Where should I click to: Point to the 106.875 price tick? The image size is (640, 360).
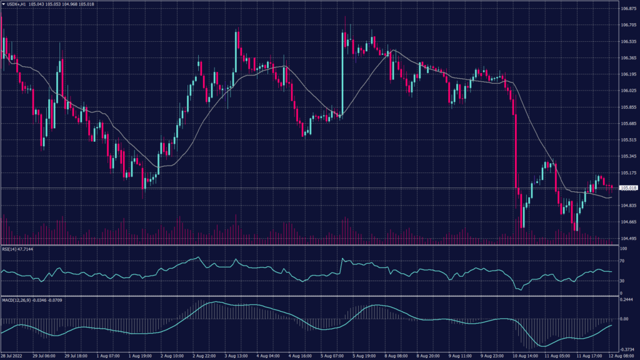pos(628,9)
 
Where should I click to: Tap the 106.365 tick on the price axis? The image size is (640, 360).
pos(628,58)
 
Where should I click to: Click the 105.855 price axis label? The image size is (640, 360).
pos(628,107)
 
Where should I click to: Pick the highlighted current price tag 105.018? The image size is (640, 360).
pos(628,187)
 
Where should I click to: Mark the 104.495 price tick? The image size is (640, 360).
pos(628,238)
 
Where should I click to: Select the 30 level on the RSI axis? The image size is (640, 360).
pos(622,281)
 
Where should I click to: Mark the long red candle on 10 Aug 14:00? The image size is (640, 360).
pos(516,150)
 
